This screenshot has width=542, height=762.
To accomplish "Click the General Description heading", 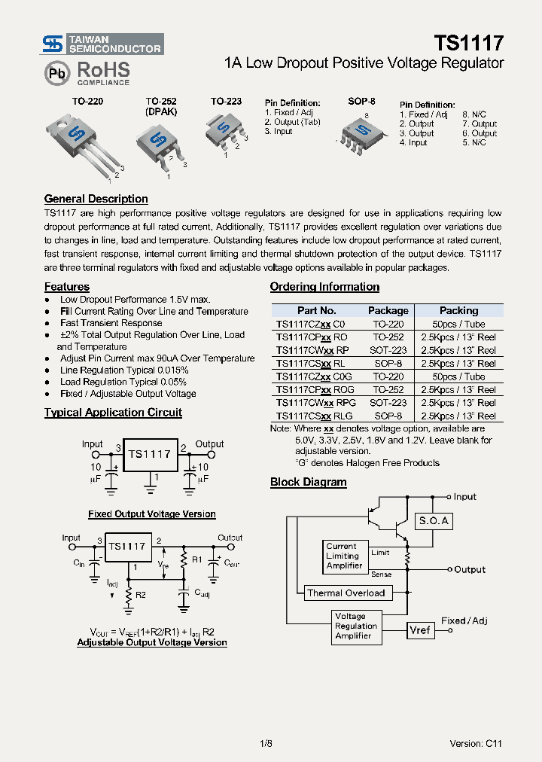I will [96, 200].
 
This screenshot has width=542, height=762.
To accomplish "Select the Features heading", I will [66, 287].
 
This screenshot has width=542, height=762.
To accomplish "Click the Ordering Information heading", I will [324, 287].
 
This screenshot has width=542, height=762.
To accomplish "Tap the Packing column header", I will [458, 310].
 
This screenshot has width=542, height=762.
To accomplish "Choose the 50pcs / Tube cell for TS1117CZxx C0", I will [458, 324].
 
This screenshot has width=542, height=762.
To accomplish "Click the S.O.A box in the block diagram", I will [433, 520].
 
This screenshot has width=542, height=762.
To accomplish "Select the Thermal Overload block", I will [346, 593].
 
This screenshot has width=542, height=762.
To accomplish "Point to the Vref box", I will [420, 629].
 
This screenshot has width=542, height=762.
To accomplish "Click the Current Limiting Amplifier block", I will [344, 556].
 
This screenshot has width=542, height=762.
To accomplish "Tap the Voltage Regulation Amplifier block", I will [355, 626].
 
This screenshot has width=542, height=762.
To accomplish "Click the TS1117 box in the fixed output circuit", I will [149, 454].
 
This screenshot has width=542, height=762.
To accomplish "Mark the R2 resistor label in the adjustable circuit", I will [141, 595].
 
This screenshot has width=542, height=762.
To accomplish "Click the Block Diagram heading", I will [308, 483].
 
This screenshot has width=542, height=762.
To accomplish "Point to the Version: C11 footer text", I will [475, 743].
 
